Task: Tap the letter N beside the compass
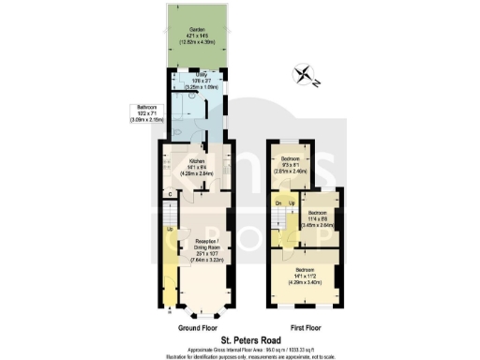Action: tap(317, 85)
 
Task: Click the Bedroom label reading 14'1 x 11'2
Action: tap(305, 274)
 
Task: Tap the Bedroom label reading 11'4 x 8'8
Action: tap(320, 220)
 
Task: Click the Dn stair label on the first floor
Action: tap(277, 202)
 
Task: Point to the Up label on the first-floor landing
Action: tap(290, 202)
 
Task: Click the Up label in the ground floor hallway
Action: tap(169, 229)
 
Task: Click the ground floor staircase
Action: tap(169, 215)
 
